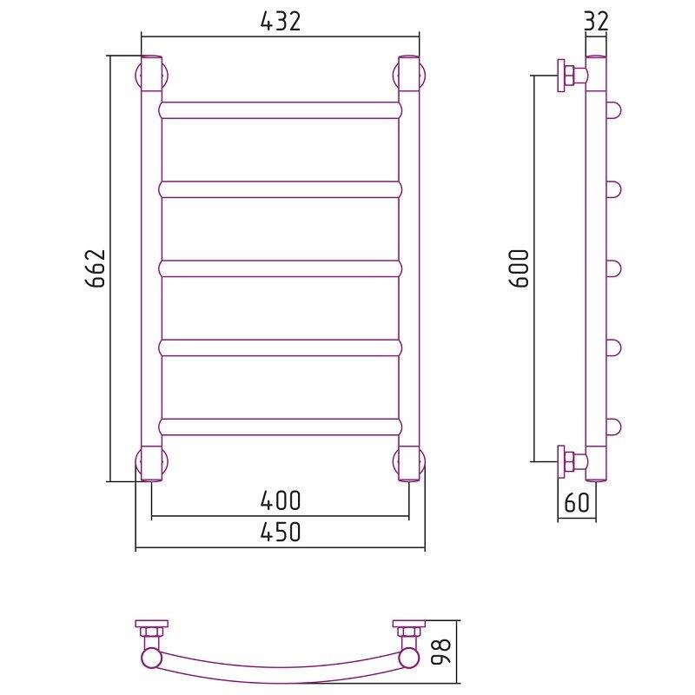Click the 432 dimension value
(x=280, y=21)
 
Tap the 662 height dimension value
(x=96, y=268)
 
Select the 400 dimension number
(x=280, y=500)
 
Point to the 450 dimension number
(x=280, y=532)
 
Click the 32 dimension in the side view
(x=596, y=21)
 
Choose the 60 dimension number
(x=577, y=502)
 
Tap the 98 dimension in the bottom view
(x=441, y=651)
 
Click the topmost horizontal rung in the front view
(x=280, y=110)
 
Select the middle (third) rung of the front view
(x=280, y=268)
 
